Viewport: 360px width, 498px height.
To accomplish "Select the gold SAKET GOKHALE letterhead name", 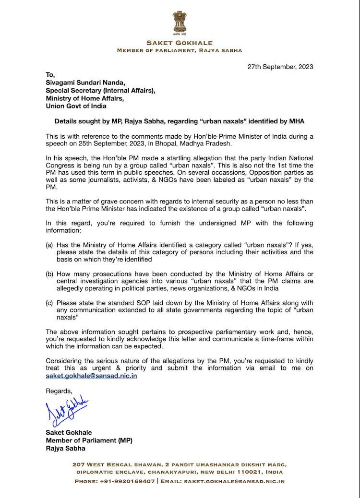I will coord(180,43).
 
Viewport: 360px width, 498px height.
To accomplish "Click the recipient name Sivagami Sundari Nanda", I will coord(85,83).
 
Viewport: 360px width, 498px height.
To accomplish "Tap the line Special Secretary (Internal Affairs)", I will coord(100,90).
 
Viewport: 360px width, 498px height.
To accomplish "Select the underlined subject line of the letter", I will coord(180,121).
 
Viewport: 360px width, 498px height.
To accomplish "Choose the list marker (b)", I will coord(49,273).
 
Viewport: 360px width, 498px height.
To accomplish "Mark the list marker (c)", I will coord(49,303).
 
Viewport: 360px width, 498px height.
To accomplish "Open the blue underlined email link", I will coord(91,376).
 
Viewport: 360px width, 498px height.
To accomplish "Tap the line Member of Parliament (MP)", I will coord(89,440).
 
